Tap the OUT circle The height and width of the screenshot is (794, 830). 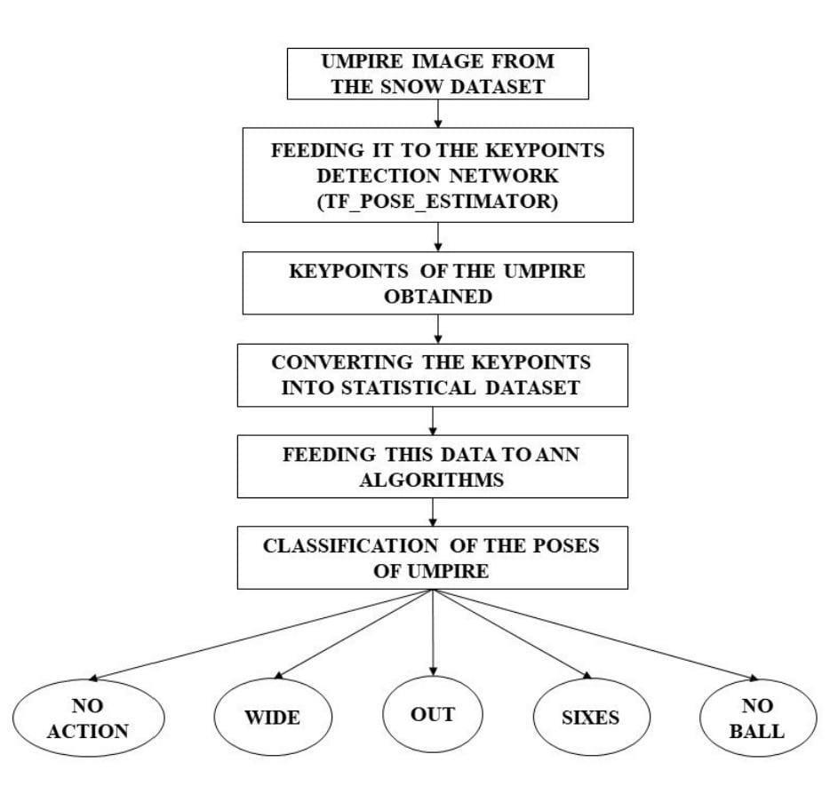(x=433, y=714)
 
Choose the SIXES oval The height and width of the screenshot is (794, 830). (x=589, y=718)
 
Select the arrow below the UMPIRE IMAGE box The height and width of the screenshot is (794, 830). (x=437, y=113)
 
